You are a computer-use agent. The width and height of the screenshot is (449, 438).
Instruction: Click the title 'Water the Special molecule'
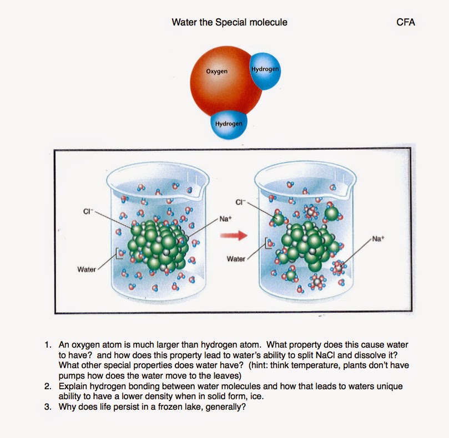[x=229, y=22]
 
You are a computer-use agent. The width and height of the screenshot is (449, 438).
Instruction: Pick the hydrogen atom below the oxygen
[x=229, y=123]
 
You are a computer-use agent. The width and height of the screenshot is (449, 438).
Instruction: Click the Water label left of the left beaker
[x=87, y=269]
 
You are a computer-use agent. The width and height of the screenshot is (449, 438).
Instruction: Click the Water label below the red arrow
[x=236, y=259]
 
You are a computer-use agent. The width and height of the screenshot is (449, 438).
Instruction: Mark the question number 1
[x=49, y=345]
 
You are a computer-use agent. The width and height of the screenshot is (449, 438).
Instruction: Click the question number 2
[x=49, y=386]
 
